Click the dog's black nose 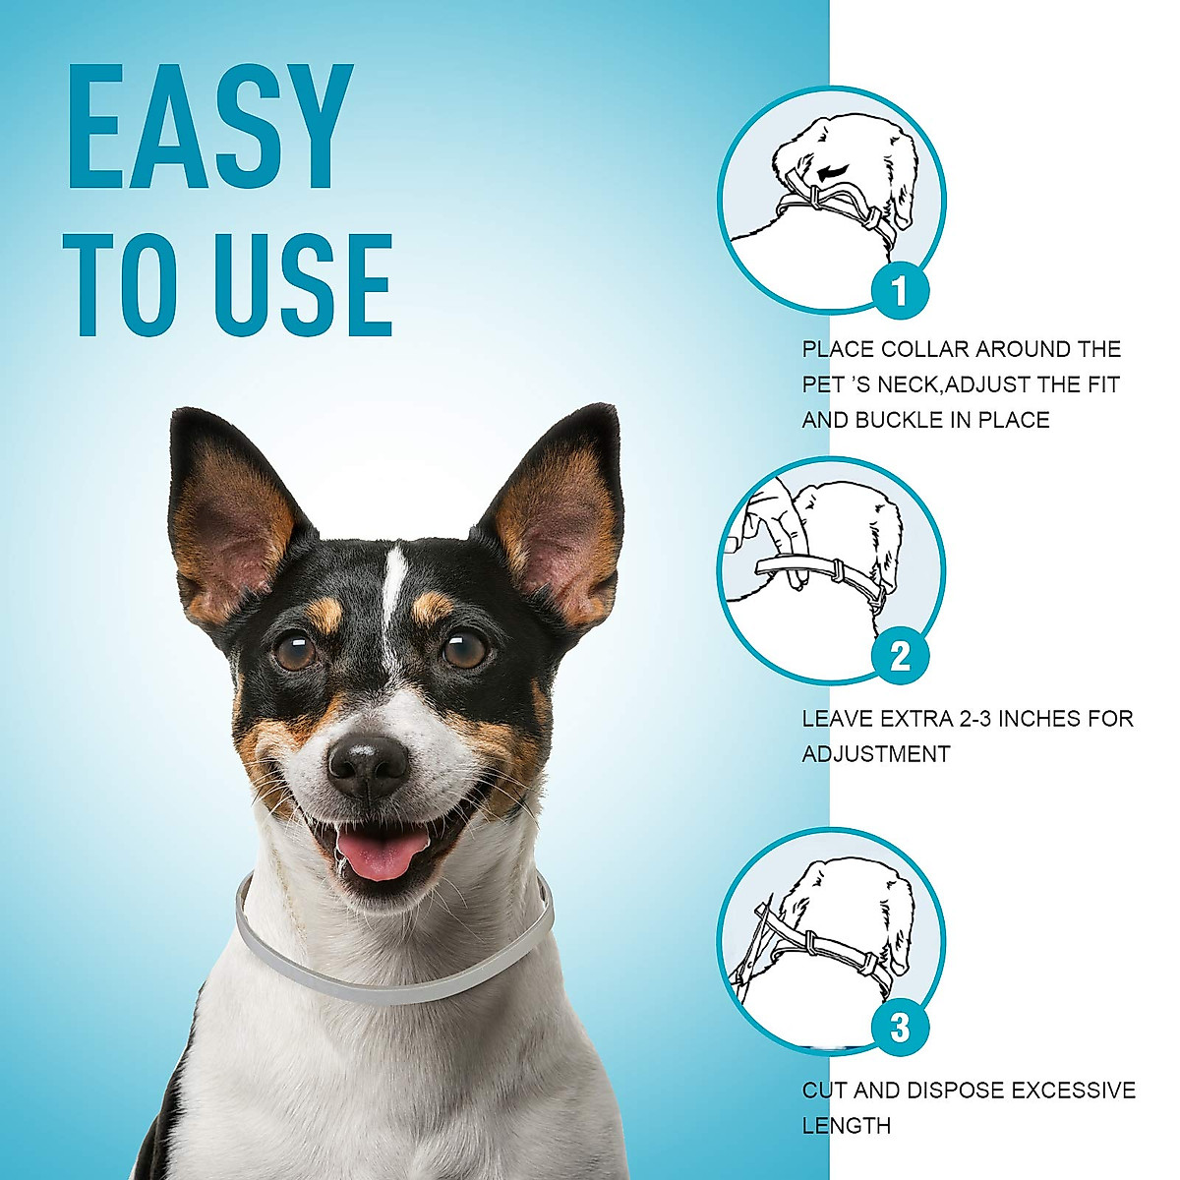(368, 763)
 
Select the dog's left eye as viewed (294, 651)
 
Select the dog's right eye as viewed (464, 648)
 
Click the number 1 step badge (899, 291)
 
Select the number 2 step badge (899, 657)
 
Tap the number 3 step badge (899, 1029)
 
